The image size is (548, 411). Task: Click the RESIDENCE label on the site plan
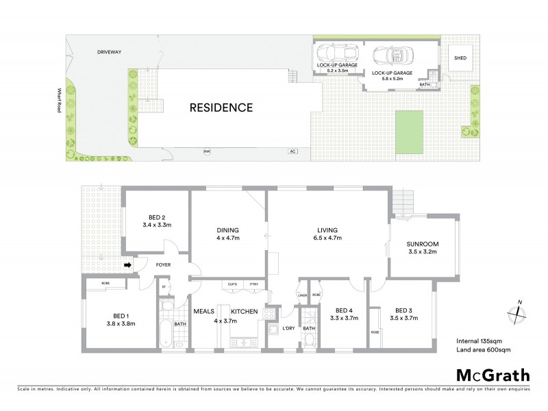[x=221, y=108]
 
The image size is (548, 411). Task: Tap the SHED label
[x=460, y=58]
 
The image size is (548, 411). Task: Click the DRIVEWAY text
[x=109, y=51]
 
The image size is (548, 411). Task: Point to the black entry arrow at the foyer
[x=129, y=264]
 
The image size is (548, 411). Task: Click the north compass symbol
[x=518, y=312]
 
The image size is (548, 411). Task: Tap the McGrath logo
[x=493, y=375]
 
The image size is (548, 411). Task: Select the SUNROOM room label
[x=422, y=244]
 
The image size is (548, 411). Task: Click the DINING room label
[x=226, y=230]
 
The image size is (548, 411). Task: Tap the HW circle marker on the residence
[x=205, y=151]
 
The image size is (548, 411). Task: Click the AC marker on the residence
[x=292, y=151]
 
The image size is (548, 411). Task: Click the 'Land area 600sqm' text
[x=484, y=350]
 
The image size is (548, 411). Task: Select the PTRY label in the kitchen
[x=253, y=284]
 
